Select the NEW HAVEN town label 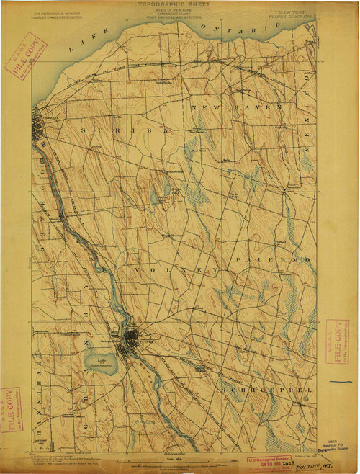[x=237, y=107]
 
